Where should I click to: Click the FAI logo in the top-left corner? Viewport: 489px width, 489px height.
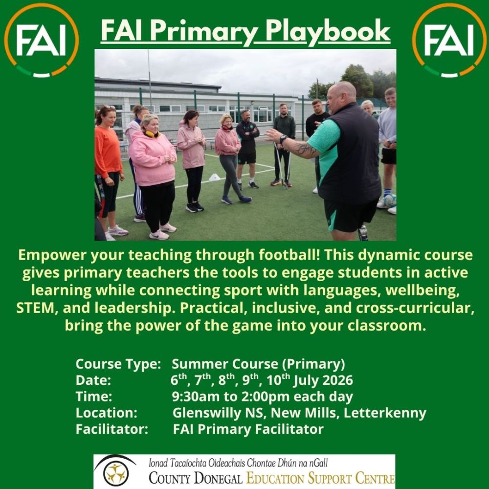pyautogui.click(x=42, y=40)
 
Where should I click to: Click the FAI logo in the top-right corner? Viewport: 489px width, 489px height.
pyautogui.click(x=449, y=40)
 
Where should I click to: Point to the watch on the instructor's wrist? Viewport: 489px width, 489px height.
pyautogui.click(x=283, y=139)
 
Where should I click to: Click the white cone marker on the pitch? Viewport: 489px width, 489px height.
pyautogui.click(x=215, y=178)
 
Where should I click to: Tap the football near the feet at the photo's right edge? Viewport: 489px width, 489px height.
pyautogui.click(x=390, y=201)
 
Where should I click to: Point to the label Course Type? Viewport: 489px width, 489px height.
pyautogui.click(x=118, y=364)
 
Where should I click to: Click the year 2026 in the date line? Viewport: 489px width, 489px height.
pyautogui.click(x=337, y=380)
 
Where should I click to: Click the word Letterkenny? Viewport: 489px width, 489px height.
pyautogui.click(x=385, y=413)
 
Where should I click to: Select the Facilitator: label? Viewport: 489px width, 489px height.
pyautogui.click(x=111, y=429)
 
